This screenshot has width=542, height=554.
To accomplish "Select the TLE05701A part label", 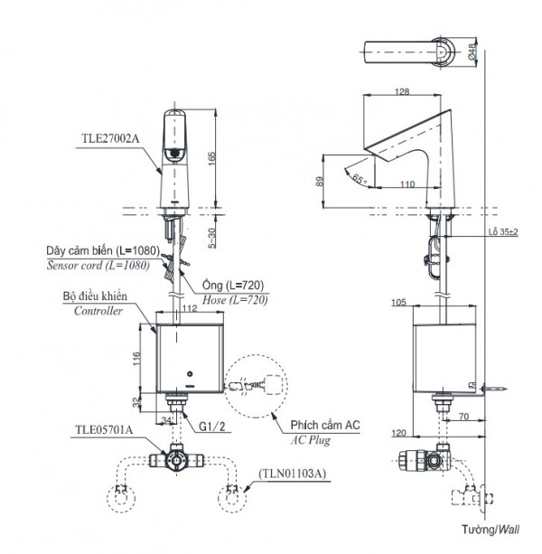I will (x=108, y=430).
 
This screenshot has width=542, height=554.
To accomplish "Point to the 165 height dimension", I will (x=212, y=156).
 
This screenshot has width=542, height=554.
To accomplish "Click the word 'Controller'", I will (x=98, y=310).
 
